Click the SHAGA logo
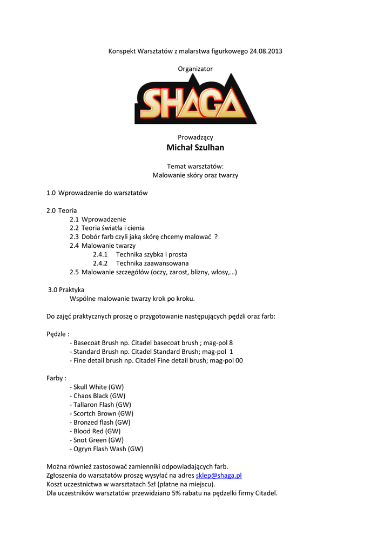tap(195, 99)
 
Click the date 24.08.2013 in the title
tap(266, 51)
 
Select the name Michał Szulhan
tap(195, 148)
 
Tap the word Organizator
tap(195, 69)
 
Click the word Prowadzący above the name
tap(195, 137)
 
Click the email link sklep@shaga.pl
tap(218, 476)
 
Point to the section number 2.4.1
tap(100, 254)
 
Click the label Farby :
tap(56, 378)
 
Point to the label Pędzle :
tap(58, 334)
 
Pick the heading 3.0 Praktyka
tap(66, 289)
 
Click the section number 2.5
tap(74, 272)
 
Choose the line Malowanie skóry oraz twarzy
tap(195, 175)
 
